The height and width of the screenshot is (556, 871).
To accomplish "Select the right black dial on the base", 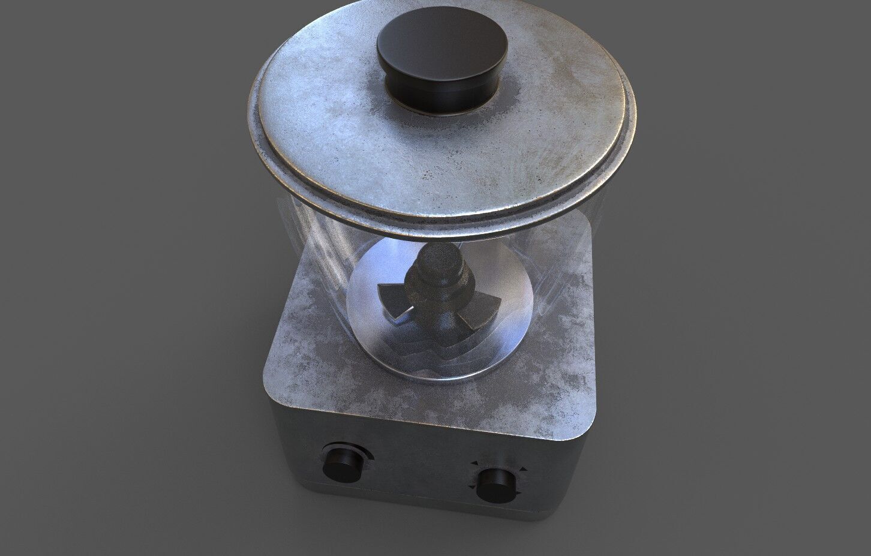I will tap(495, 484).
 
